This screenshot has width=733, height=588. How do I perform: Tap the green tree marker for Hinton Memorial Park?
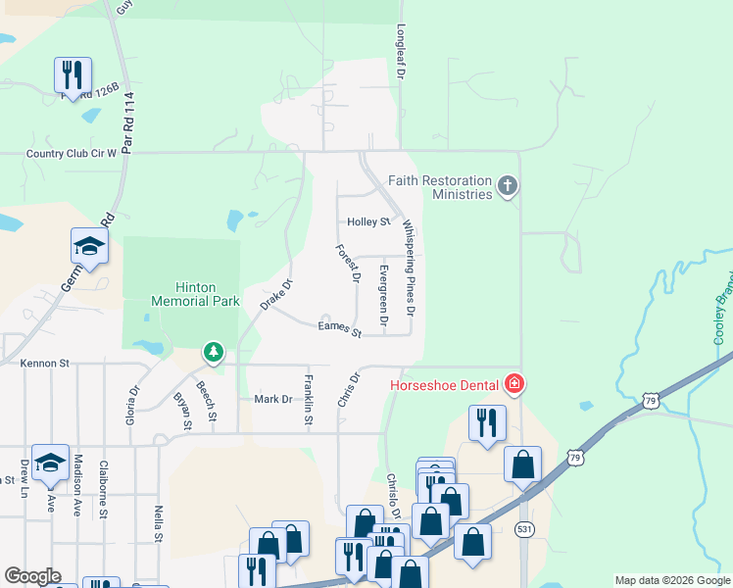click(x=213, y=351)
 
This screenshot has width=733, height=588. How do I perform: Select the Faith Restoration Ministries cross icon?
click(x=508, y=185)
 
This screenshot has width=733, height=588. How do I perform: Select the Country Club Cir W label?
click(x=72, y=153)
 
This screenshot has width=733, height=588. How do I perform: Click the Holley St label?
click(x=368, y=222)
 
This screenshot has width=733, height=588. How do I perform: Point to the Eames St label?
click(x=340, y=328)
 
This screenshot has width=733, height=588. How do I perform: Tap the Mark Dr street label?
click(x=273, y=399)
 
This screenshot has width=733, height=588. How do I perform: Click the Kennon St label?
click(x=45, y=363)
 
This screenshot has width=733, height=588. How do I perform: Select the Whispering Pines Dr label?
click(x=410, y=269)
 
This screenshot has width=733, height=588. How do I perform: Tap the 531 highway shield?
click(x=524, y=529)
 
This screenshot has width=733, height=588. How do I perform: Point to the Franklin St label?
click(x=308, y=399)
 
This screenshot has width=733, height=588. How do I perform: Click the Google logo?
click(x=32, y=576)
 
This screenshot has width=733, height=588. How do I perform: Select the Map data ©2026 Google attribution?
click(x=672, y=580)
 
